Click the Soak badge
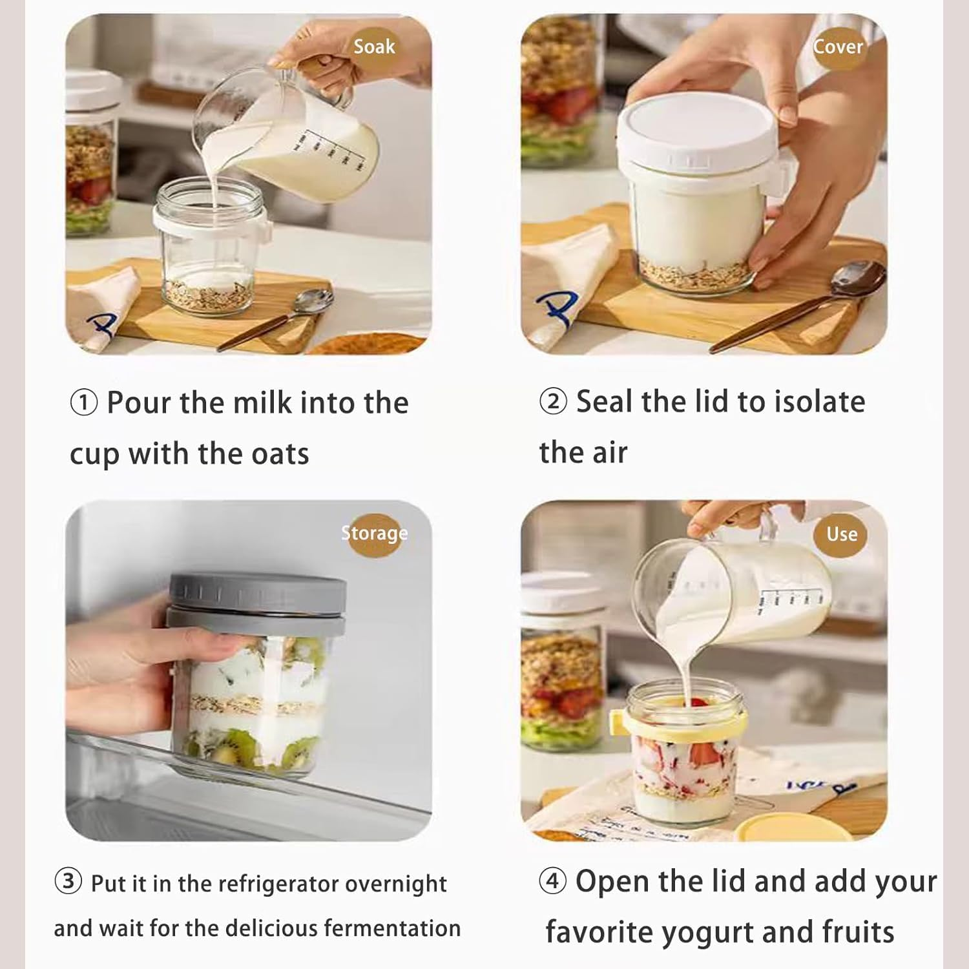click(x=375, y=46)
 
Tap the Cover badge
click(x=838, y=46)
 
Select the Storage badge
click(x=375, y=534)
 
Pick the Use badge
click(x=842, y=534)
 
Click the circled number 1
click(x=83, y=403)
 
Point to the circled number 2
click(x=553, y=401)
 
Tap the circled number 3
click(x=68, y=882)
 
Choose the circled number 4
click(x=553, y=881)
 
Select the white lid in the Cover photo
click(x=698, y=132)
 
